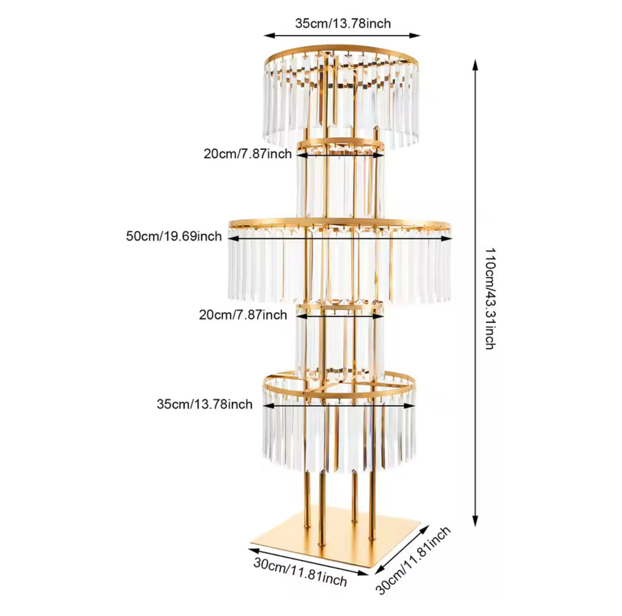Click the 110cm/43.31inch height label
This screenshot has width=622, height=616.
pyautogui.click(x=490, y=299)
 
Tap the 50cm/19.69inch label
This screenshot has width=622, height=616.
pyautogui.click(x=174, y=236)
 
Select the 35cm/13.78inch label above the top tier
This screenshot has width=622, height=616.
pyautogui.click(x=343, y=24)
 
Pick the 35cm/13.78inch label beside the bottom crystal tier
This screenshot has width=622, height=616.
pyautogui.click(x=204, y=404)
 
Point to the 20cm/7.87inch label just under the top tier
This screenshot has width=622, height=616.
pyautogui.click(x=248, y=154)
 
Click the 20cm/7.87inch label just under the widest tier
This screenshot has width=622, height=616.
pyautogui.click(x=243, y=315)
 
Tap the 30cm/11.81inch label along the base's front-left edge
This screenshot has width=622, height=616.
pyautogui.click(x=300, y=572)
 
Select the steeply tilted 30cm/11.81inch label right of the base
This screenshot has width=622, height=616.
pyautogui.click(x=413, y=560)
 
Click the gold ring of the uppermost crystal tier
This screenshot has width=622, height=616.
pyautogui.click(x=341, y=47)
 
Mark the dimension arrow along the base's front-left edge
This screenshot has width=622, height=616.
pyautogui.click(x=309, y=562)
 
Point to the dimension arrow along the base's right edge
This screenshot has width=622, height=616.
pyautogui.click(x=402, y=549)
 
